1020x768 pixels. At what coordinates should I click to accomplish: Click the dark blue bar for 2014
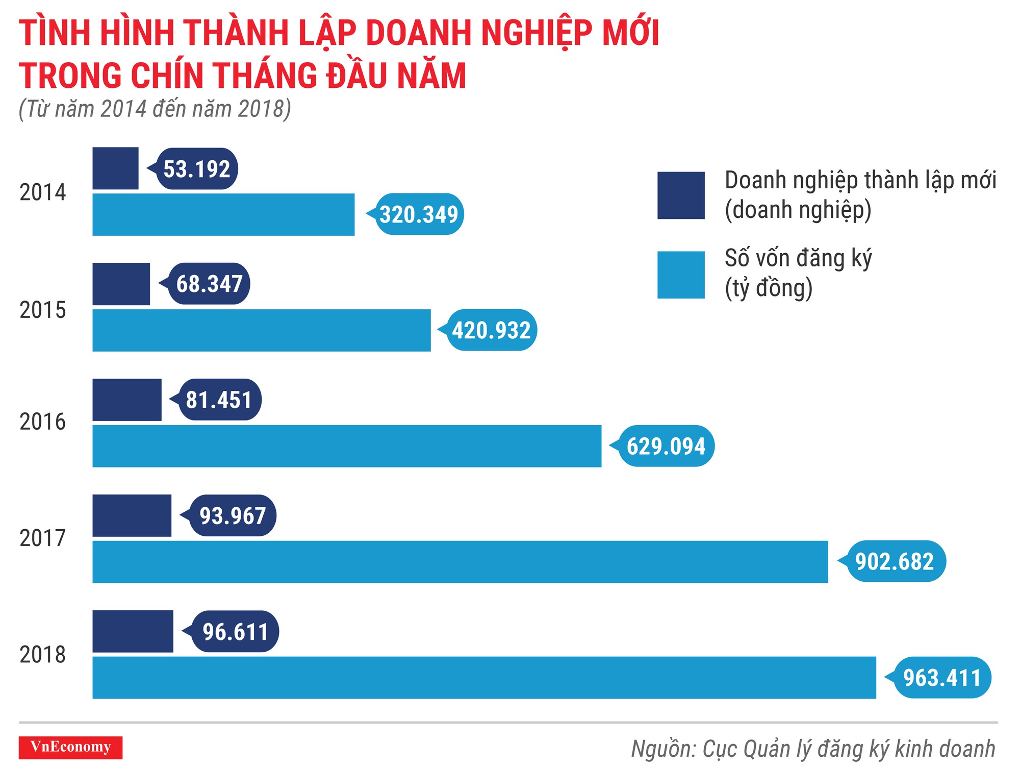point(115,168)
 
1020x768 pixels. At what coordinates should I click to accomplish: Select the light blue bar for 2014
point(223,214)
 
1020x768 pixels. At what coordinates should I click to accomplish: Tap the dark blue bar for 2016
point(127,400)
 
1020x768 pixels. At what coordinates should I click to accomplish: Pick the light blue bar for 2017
point(460,562)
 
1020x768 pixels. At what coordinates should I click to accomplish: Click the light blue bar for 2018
point(484,678)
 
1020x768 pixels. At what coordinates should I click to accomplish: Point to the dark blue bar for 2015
point(121,284)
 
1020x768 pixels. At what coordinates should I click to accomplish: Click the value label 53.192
point(197,169)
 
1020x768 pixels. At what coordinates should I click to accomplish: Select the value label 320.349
point(419,214)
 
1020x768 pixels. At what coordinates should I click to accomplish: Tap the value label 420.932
point(491,330)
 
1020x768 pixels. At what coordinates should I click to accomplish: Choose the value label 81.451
point(219,400)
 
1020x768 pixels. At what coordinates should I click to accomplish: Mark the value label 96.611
point(235,632)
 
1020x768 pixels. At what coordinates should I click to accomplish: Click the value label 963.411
point(942,678)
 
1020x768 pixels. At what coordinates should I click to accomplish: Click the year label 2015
point(43,310)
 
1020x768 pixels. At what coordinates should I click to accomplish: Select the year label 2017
point(43,538)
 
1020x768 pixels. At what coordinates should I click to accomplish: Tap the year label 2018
point(43,655)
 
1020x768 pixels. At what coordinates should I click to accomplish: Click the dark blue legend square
point(681,195)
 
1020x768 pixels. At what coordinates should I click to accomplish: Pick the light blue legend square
point(681,275)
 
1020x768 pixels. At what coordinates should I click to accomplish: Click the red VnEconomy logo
point(70,747)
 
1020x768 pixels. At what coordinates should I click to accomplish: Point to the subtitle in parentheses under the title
point(155,109)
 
